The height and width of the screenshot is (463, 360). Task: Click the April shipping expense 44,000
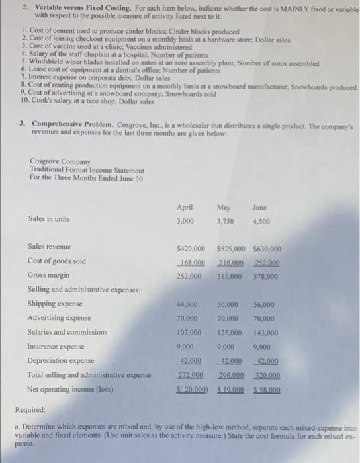coord(187,304)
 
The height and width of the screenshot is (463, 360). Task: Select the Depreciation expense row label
coord(60,361)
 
